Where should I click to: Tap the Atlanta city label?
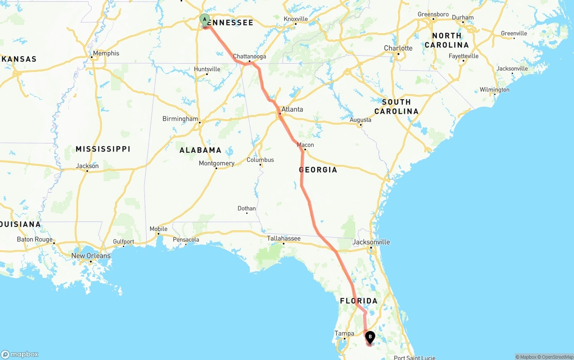pos(292,109)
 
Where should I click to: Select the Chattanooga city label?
pos(249,56)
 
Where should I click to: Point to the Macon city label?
pos(305,145)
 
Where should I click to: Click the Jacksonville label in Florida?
pos(371,242)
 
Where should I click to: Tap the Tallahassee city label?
pos(283,238)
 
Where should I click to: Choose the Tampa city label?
pos(344,333)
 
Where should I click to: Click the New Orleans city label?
pos(91,256)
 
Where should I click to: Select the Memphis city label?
pos(106,53)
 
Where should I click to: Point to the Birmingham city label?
pos(180,119)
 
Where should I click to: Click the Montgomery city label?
pos(217,163)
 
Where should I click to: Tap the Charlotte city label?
pos(398,48)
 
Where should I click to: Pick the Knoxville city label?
pos(296,19)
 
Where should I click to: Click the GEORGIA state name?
pos(318,170)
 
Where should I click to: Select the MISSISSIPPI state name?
pos(103,149)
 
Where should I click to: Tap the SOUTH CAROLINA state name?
pos(396,107)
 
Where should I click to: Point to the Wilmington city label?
pos(494,90)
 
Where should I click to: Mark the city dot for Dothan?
pos(247,213)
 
